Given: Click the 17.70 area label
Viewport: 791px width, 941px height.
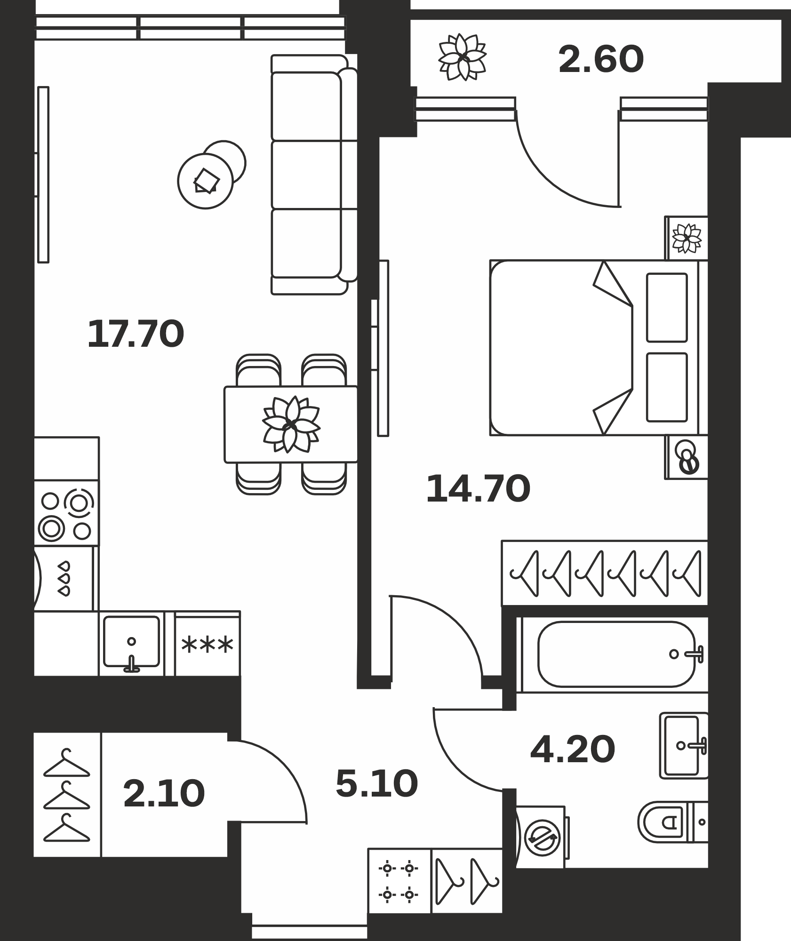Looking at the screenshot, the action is pyautogui.click(x=136, y=334).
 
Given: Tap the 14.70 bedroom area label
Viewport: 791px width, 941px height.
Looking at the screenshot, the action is pyautogui.click(x=478, y=489).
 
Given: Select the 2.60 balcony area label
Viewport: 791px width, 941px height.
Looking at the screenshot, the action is pyautogui.click(x=601, y=59).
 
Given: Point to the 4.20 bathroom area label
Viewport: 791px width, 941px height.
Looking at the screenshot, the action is pyautogui.click(x=573, y=749).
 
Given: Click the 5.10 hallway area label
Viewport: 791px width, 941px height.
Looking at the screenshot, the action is pyautogui.click(x=377, y=784).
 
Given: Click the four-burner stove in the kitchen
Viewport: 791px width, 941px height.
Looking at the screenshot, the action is pyautogui.click(x=66, y=513).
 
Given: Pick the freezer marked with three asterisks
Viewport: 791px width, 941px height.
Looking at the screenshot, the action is pyautogui.click(x=208, y=644).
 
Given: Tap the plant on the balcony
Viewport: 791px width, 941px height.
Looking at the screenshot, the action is pyautogui.click(x=462, y=57).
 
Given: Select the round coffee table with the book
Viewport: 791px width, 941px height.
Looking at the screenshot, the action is pyautogui.click(x=206, y=181).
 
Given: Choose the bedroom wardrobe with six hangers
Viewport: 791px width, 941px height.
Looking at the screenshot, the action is pyautogui.click(x=605, y=572).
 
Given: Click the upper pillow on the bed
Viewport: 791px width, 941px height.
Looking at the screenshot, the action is pyautogui.click(x=667, y=307).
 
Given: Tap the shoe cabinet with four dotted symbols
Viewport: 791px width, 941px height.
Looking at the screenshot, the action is pyautogui.click(x=399, y=881).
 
